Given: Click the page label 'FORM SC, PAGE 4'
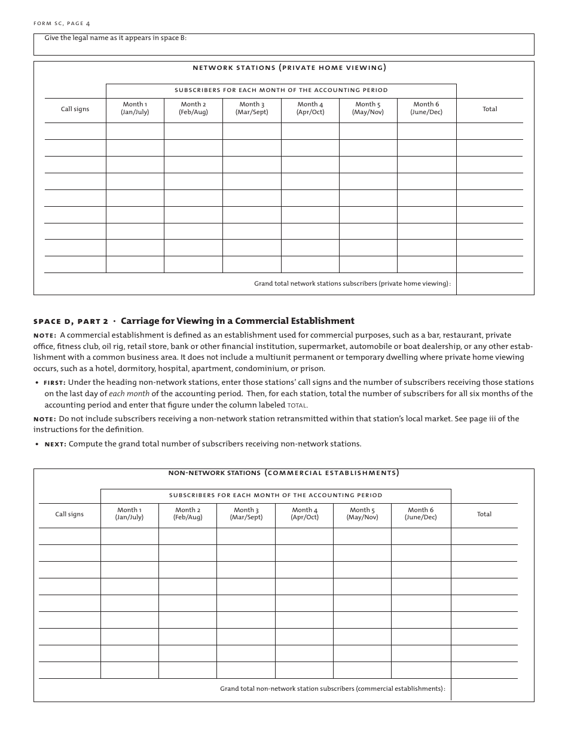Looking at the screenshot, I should click(x=62, y=23).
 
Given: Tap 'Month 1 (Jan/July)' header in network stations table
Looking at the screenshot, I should click(x=135, y=108).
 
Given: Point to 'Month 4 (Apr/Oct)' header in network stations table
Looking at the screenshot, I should click(x=310, y=108).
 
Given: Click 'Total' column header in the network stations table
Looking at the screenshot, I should click(x=490, y=109).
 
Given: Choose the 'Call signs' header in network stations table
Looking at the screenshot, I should click(x=75, y=109).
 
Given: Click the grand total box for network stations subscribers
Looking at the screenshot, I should click(x=494, y=284).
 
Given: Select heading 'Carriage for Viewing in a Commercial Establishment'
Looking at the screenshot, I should click(x=237, y=321).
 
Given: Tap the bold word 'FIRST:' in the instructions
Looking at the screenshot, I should click(x=54, y=382).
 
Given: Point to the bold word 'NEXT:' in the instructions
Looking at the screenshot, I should click(x=56, y=444).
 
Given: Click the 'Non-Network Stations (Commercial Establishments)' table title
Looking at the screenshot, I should click(x=283, y=473).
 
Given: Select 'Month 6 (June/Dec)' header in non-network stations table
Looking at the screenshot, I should click(x=421, y=514).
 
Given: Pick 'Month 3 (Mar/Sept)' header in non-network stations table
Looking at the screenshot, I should click(x=246, y=514).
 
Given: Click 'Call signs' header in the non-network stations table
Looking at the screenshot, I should click(x=69, y=514).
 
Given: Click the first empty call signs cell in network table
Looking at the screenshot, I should click(x=75, y=131).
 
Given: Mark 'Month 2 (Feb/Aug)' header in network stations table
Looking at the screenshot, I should click(x=193, y=108).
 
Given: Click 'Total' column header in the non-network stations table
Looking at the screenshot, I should click(x=484, y=514).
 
